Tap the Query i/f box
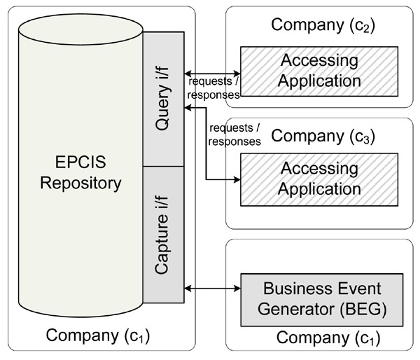(164, 98)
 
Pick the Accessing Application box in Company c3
(319, 179)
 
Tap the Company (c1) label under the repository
(98, 335)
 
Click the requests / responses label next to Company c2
(214, 88)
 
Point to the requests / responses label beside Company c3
(234, 134)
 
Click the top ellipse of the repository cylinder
(80, 28)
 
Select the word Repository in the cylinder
(80, 184)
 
